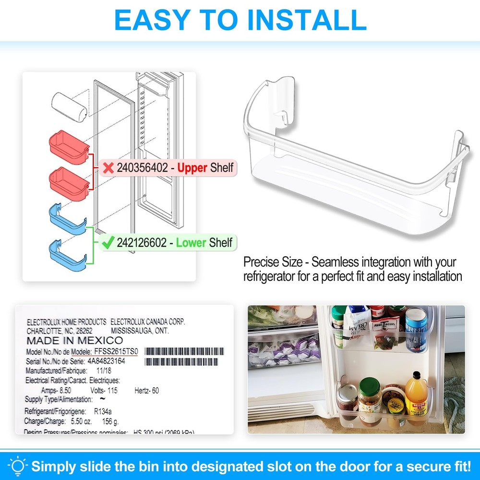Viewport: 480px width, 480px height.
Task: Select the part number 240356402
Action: (142, 168)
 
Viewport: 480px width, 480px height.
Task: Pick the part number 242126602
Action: (142, 243)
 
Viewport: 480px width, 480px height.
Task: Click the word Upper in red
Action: (192, 168)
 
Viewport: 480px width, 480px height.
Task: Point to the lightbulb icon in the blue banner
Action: (17, 466)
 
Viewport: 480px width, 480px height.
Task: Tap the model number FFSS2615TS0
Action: (115, 351)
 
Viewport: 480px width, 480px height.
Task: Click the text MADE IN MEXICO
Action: (74, 341)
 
